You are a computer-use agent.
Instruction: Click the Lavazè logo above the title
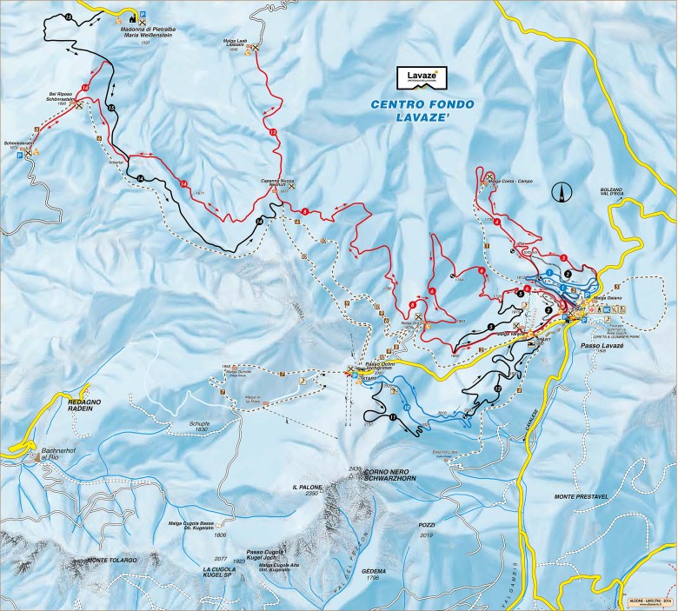point(422,78)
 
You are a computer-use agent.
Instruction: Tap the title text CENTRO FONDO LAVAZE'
point(422,111)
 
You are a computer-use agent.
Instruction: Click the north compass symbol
point(565,191)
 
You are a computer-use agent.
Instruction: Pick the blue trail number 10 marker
point(407,407)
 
